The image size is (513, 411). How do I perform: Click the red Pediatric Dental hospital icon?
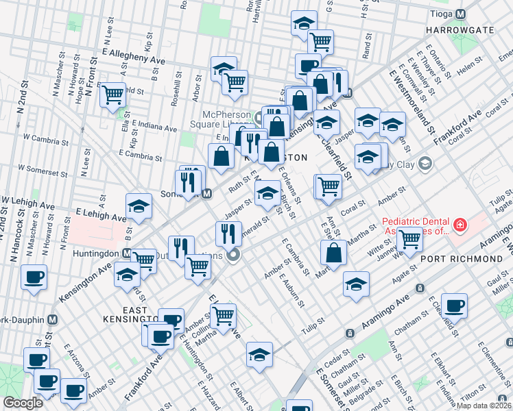pyautogui.click(x=459, y=224)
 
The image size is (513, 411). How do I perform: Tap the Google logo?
pyautogui.click(x=22, y=402)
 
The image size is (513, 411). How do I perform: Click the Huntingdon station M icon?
pyautogui.click(x=127, y=253)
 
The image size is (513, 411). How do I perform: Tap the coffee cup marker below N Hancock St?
pyautogui.click(x=34, y=277)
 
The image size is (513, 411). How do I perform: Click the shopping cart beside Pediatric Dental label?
pyautogui.click(x=409, y=240)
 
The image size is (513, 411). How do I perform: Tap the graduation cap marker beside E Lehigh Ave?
pyautogui.click(x=139, y=206)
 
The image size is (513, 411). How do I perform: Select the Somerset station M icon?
pyautogui.click(x=206, y=194)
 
